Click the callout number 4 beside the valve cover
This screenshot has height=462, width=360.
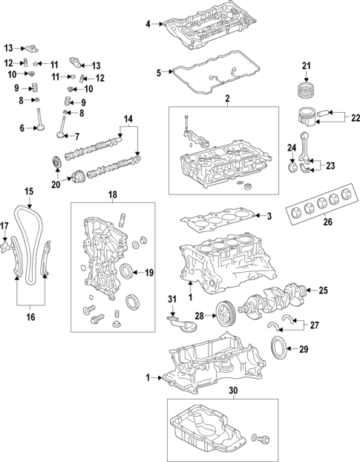coord(148,25)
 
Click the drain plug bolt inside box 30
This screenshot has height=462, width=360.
coord(261,441)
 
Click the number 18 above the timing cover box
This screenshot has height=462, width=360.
coord(113,195)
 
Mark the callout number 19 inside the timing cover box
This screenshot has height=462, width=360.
coord(148,273)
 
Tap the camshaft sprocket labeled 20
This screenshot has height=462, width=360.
coord(56,163)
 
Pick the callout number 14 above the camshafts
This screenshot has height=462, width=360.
coord(128,120)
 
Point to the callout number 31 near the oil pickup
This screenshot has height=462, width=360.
coord(171,299)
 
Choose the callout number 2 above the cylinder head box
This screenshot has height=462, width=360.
coord(227,99)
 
